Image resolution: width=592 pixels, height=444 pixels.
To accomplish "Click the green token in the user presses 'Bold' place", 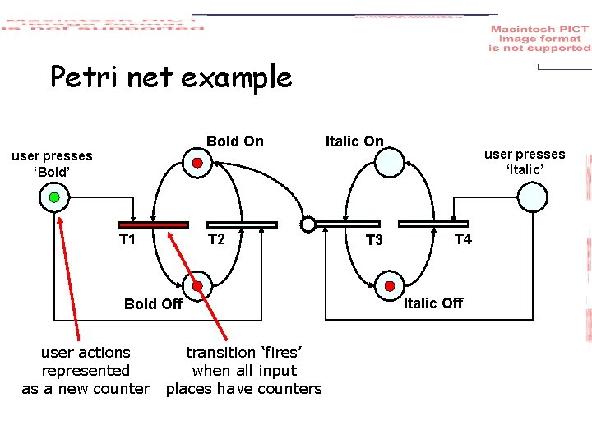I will pos(54,197).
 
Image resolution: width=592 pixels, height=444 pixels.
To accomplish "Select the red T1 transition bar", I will pos(154,224).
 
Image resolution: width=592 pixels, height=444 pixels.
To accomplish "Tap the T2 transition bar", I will pos(242,224).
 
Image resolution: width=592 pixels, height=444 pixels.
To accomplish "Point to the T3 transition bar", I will pos(348,224).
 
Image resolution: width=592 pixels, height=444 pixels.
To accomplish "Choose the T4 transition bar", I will pos(433,224).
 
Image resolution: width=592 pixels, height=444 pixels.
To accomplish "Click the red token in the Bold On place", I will pos(197,163).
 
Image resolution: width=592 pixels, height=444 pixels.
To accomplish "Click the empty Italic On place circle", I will pos(389,162).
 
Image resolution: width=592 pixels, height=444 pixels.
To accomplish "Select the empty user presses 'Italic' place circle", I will pos(532,197).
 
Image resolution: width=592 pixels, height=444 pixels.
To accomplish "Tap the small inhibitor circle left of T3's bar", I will pos(308,224).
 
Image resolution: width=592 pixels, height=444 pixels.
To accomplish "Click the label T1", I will pos(127,240).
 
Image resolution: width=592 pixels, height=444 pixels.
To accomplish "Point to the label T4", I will pos(463,239).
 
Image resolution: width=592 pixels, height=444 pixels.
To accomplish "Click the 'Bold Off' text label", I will pos(153,304).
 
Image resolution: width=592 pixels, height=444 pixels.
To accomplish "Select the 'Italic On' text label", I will pos(354,141).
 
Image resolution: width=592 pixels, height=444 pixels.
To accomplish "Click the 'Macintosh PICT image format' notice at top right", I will pos(539,39).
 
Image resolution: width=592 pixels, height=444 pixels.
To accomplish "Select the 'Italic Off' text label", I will pos(432,303).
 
